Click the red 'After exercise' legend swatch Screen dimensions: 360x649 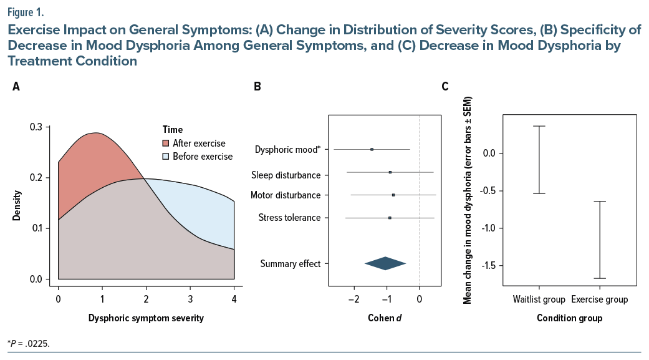pyautogui.click(x=166, y=144)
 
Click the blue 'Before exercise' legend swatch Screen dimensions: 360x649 pyautogui.click(x=166, y=157)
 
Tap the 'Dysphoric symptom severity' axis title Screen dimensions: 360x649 pyautogui.click(x=146, y=318)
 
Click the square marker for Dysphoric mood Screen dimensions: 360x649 pyautogui.click(x=372, y=149)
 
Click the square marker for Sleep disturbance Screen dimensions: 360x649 pyautogui.click(x=390, y=172)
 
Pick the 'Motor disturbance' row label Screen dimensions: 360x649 pyautogui.click(x=286, y=195)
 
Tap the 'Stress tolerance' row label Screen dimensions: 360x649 pyautogui.click(x=289, y=218)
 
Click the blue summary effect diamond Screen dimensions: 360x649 pyautogui.click(x=385, y=263)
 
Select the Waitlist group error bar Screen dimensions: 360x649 pyautogui.click(x=539, y=160)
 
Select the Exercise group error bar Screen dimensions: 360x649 pyautogui.click(x=600, y=240)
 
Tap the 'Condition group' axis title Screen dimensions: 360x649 pyautogui.click(x=570, y=319)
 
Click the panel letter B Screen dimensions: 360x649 pyautogui.click(x=257, y=87)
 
